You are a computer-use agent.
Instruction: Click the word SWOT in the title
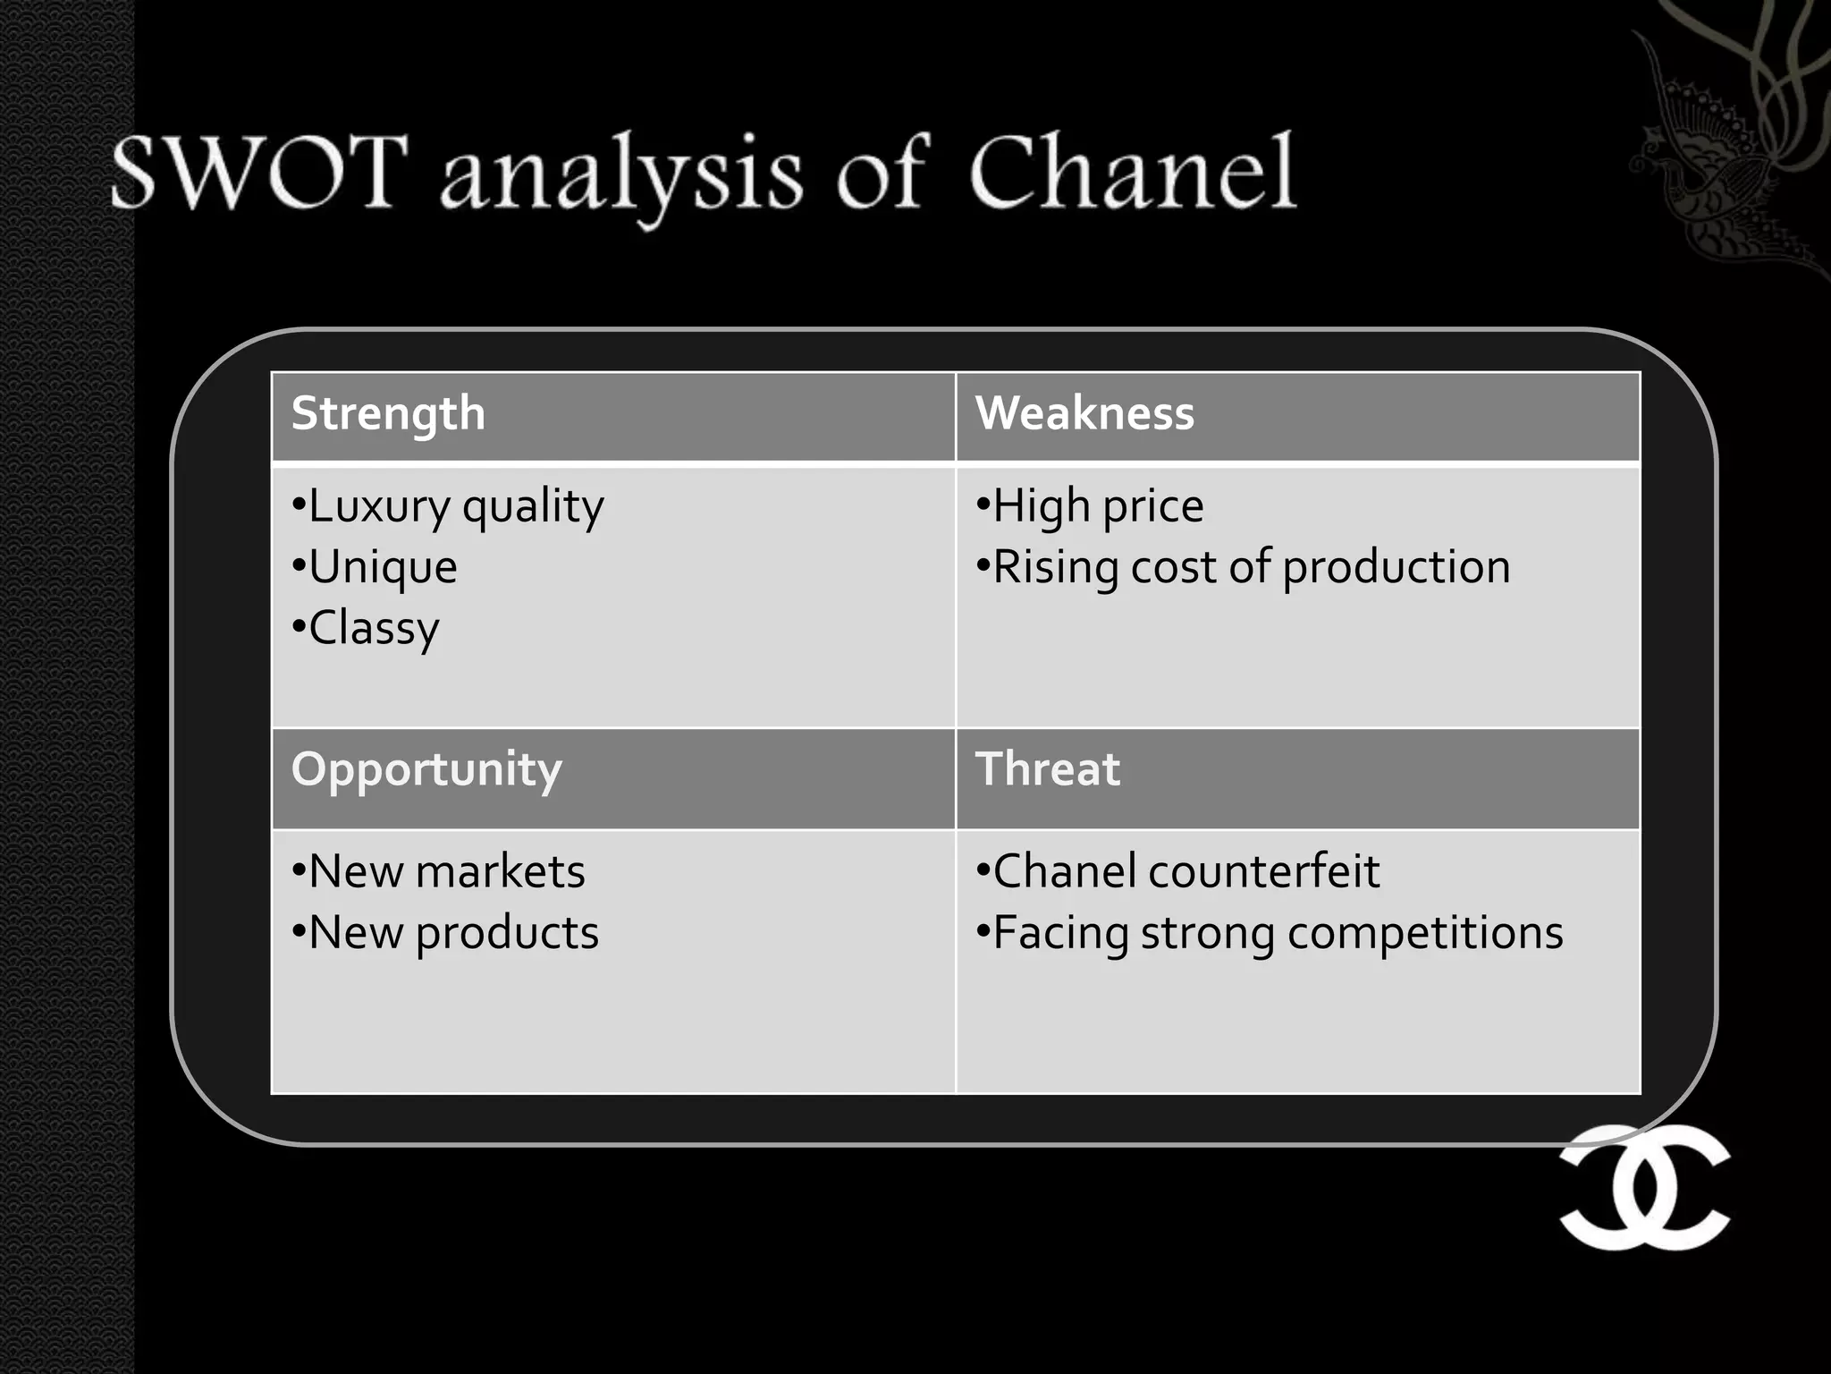pyautogui.click(x=259, y=172)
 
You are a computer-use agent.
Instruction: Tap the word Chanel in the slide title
pyautogui.click(x=1132, y=172)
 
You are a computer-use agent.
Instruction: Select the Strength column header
pyautogui.click(x=388, y=414)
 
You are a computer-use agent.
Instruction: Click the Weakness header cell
pyautogui.click(x=1084, y=414)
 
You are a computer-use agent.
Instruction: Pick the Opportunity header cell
pyautogui.click(x=426, y=770)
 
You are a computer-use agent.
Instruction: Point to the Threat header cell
pyautogui.click(x=1047, y=770)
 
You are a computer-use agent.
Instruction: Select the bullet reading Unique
pyautogui.click(x=375, y=568)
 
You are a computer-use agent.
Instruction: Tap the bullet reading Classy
pyautogui.click(x=367, y=629)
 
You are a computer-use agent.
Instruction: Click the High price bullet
pyautogui.click(x=1091, y=507)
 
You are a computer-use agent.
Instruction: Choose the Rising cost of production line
pyautogui.click(x=1244, y=568)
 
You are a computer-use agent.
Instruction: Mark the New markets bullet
pyautogui.click(x=439, y=872)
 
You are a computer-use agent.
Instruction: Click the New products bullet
pyautogui.click(x=445, y=933)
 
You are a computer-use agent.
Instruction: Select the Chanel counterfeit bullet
pyautogui.click(x=1178, y=872)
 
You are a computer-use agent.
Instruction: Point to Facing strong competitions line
pyautogui.click(x=1270, y=933)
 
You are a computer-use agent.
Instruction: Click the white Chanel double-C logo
pyautogui.click(x=1645, y=1187)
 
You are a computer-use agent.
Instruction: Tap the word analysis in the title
pyautogui.click(x=621, y=174)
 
